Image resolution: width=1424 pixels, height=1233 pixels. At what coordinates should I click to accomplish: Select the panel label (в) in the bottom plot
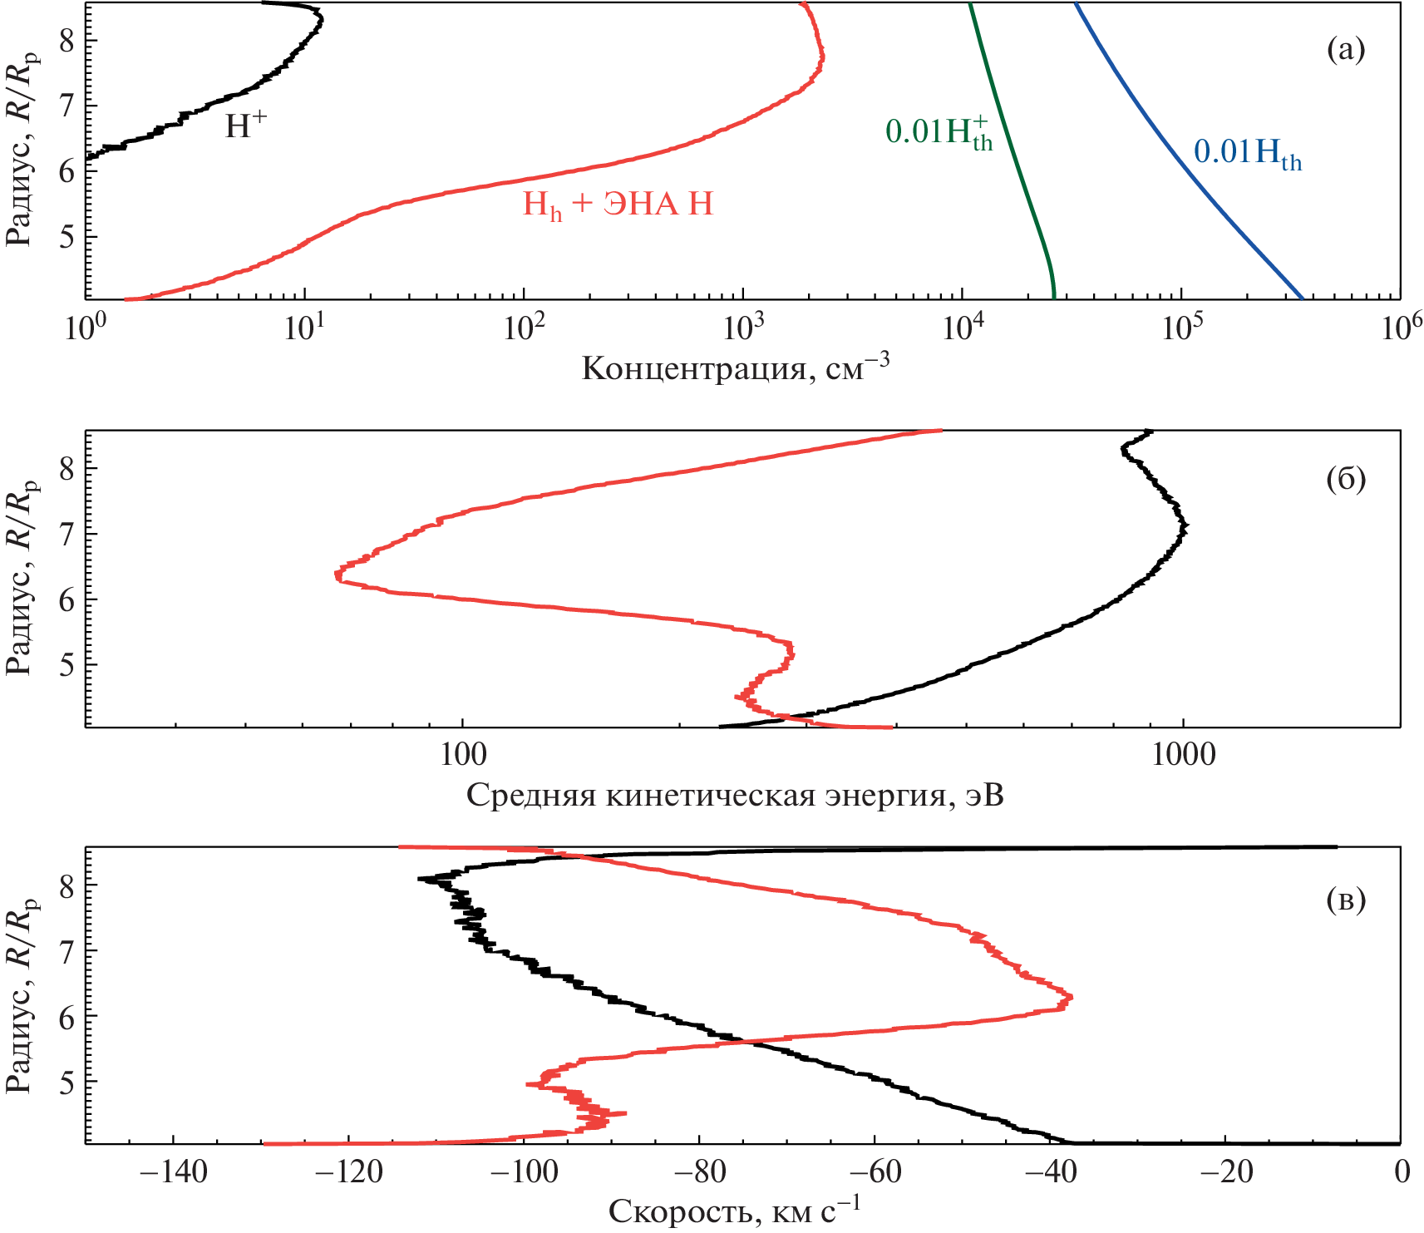coord(1345,900)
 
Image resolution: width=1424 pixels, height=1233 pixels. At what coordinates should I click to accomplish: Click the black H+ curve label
coord(246,126)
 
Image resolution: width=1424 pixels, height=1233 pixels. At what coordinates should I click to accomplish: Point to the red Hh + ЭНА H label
coord(618,205)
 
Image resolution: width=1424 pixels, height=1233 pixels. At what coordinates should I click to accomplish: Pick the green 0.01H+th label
coord(939,132)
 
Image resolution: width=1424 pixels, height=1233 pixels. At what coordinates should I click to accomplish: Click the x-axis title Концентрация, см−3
coord(735,367)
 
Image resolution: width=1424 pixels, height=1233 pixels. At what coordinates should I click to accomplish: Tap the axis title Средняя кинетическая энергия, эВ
coord(735,796)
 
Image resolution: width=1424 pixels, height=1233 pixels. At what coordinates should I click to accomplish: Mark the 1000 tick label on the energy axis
coord(1182,754)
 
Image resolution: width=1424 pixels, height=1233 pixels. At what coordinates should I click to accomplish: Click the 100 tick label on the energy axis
coord(462,754)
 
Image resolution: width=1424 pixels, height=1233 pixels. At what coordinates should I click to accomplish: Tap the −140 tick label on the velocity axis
coord(173,1171)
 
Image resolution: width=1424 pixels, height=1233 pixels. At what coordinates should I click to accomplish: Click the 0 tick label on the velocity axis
coord(1402,1171)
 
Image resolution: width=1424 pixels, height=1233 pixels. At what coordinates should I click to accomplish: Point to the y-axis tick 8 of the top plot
coord(67,41)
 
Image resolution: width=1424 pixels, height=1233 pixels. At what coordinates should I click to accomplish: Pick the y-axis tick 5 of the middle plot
coord(67,664)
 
